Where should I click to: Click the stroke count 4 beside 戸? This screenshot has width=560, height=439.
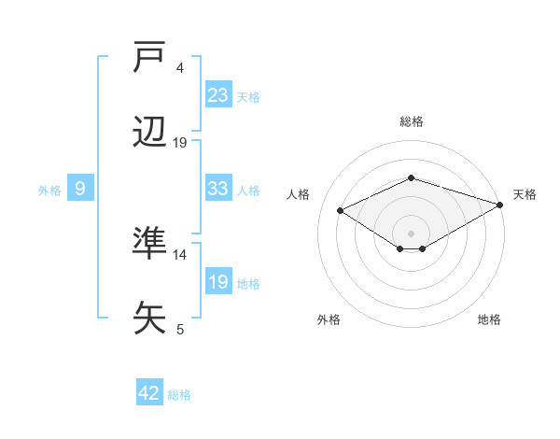(x=180, y=68)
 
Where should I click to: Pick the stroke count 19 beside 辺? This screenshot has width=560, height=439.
(x=180, y=143)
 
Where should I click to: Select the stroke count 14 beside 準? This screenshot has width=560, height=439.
(x=180, y=254)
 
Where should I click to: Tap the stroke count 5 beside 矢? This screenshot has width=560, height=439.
(x=180, y=329)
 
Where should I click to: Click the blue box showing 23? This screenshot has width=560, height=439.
(x=218, y=94)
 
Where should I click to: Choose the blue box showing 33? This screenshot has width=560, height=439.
(x=218, y=188)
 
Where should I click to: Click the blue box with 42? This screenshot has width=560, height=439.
(x=149, y=393)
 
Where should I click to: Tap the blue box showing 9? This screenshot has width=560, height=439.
(x=80, y=189)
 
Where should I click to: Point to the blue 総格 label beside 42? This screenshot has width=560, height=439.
(x=179, y=395)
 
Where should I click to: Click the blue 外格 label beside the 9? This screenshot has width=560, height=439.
(x=49, y=191)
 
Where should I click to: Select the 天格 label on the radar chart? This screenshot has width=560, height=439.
(x=525, y=194)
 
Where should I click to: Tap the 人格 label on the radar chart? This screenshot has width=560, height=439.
(x=299, y=194)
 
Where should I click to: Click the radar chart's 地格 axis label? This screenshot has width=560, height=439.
(x=489, y=319)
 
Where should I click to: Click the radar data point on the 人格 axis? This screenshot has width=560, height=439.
(x=341, y=210)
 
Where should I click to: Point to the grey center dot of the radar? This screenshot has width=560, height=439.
(x=411, y=233)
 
